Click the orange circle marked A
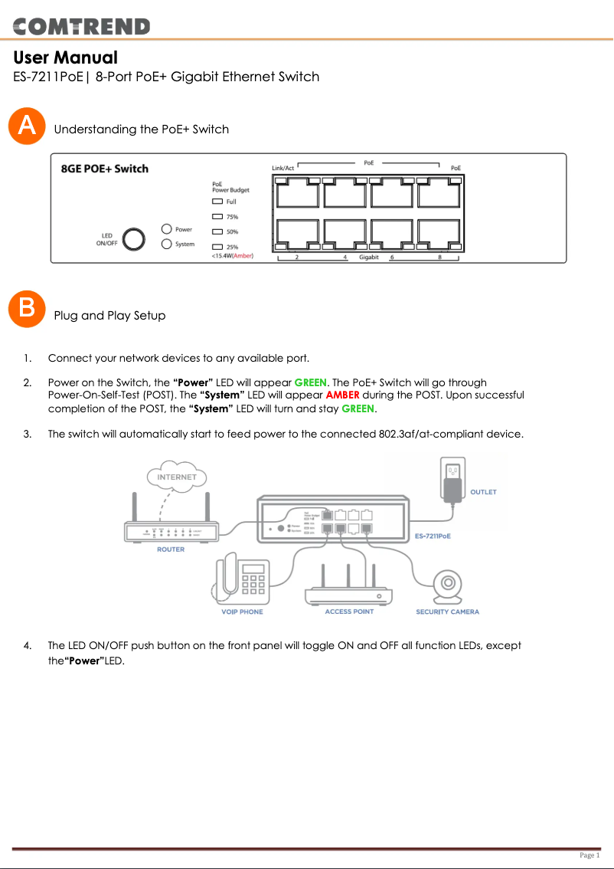click(x=27, y=126)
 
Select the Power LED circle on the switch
click(x=167, y=229)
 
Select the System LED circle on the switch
click(x=167, y=244)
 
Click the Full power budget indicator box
click(x=217, y=202)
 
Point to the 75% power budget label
click(x=232, y=217)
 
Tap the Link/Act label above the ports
click(x=283, y=168)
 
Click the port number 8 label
click(x=439, y=257)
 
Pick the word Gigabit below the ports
click(x=369, y=257)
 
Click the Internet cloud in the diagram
click(x=177, y=477)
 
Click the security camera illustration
click(x=447, y=586)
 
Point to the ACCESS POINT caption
click(x=349, y=612)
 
